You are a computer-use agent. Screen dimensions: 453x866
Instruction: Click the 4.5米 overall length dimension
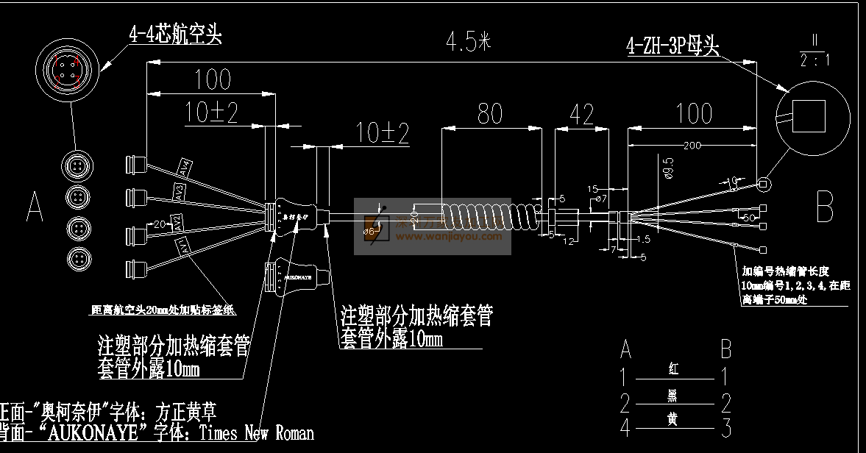click(467, 42)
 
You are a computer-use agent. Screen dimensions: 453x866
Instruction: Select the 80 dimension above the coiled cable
click(490, 113)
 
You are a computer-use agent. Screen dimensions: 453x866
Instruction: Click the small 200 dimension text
click(691, 146)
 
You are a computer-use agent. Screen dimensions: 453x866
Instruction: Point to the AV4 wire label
click(185, 168)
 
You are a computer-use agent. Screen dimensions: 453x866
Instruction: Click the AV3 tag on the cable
click(180, 193)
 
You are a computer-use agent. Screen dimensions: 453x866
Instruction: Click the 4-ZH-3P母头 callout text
click(672, 47)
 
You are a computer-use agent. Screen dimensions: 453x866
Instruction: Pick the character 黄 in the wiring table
click(672, 418)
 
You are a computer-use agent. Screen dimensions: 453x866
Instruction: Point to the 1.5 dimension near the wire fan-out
click(643, 239)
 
